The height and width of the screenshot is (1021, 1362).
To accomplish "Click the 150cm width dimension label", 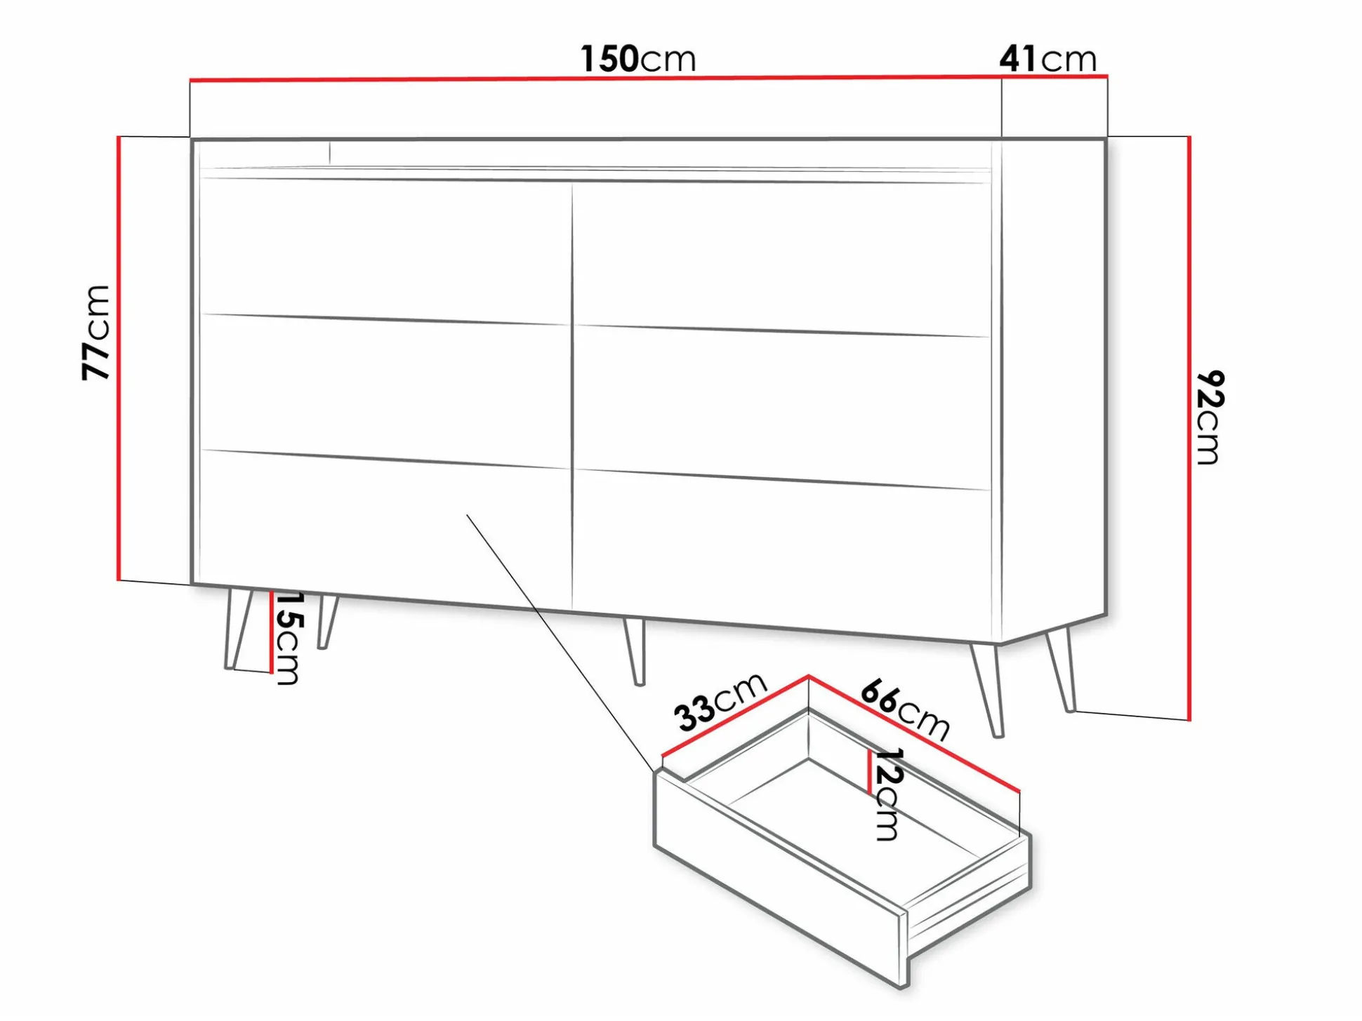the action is pyautogui.click(x=637, y=59).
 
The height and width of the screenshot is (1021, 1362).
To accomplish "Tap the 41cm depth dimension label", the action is pyautogui.click(x=1047, y=59).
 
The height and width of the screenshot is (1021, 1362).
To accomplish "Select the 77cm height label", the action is pyautogui.click(x=96, y=333).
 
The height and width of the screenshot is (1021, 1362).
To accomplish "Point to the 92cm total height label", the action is pyautogui.click(x=1210, y=417).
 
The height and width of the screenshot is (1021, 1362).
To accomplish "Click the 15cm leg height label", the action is pyautogui.click(x=288, y=638).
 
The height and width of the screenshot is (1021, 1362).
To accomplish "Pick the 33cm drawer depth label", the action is pyautogui.click(x=720, y=702).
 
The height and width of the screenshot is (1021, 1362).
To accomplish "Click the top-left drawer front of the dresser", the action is pyautogui.click(x=385, y=250).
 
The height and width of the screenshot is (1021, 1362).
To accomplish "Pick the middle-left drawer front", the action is pyautogui.click(x=385, y=390).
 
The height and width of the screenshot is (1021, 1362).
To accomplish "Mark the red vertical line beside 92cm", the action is pyautogui.click(x=1189, y=428).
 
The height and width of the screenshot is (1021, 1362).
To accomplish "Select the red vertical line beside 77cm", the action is pyautogui.click(x=119, y=359).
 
